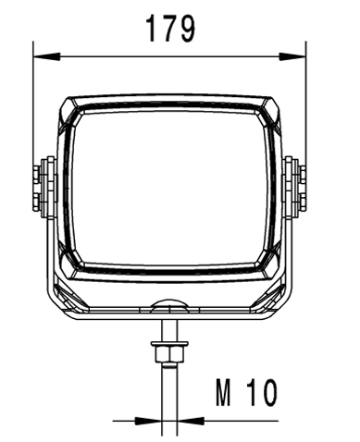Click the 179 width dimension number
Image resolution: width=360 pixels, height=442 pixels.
[170, 29]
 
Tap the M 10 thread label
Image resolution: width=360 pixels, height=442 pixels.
[246, 392]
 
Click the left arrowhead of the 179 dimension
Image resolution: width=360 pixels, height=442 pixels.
[46, 56]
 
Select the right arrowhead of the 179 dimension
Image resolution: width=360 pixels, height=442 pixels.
[292, 56]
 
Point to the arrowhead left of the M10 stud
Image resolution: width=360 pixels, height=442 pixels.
[148, 421]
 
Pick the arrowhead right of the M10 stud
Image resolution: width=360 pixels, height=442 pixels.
[191, 421]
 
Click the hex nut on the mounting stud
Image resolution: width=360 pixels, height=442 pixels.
[169, 354]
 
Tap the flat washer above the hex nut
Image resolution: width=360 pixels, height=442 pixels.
[169, 344]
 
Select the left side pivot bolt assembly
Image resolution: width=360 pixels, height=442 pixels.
[44, 188]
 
